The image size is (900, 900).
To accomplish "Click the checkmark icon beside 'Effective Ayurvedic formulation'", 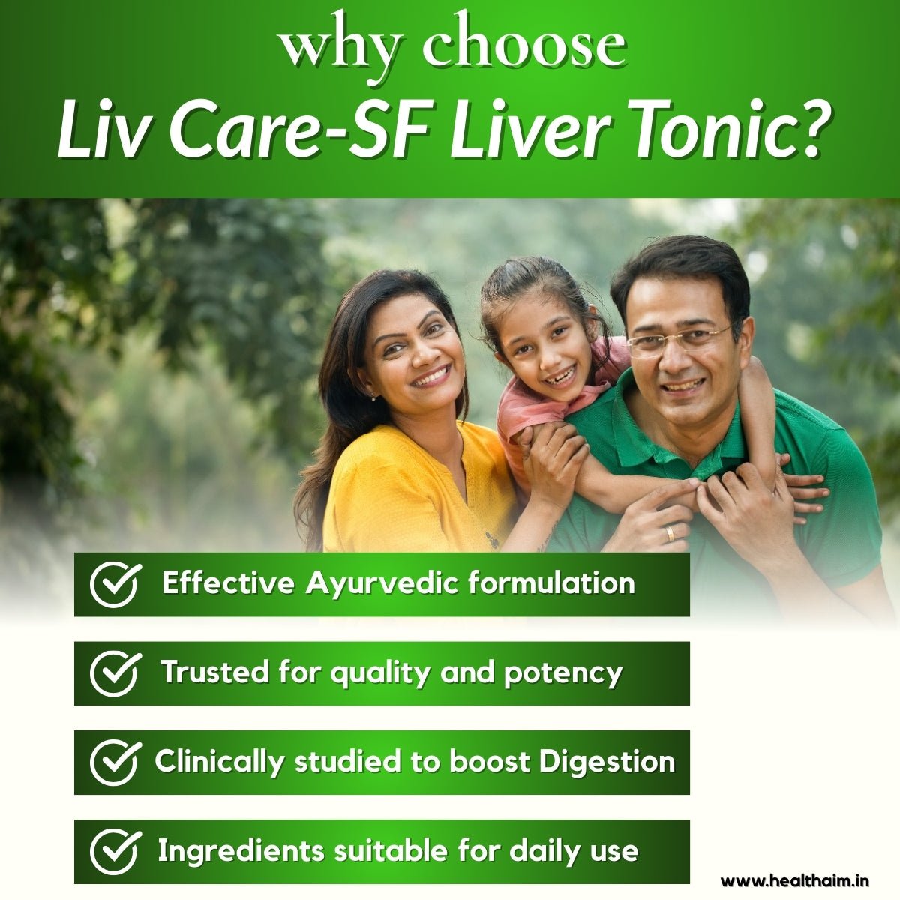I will coord(115,585).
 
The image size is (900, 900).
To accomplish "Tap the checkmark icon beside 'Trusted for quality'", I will coord(115,673).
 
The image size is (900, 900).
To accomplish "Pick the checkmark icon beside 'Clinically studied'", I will coord(115,763).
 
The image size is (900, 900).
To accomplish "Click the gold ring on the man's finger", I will coord(670,533).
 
